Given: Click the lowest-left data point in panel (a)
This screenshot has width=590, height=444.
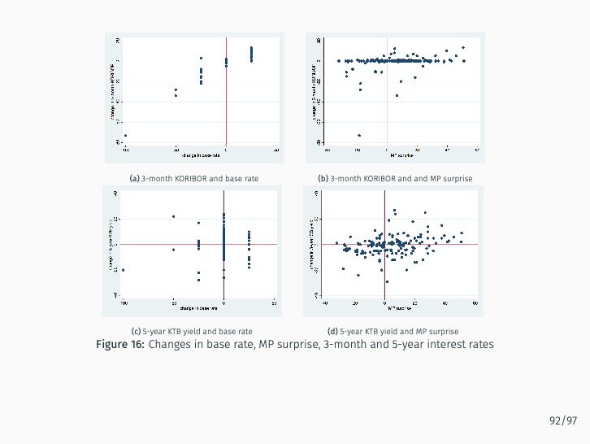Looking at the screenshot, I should click(125, 135).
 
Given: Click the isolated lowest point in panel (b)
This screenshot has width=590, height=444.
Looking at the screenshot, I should click(359, 135).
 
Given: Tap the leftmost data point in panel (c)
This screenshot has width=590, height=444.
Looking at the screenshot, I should click(124, 270).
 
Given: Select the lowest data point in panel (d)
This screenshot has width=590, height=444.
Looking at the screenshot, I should click(358, 275).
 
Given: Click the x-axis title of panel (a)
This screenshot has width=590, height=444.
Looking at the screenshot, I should click(201, 155).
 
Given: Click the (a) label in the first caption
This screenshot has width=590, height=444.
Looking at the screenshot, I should click(135, 177).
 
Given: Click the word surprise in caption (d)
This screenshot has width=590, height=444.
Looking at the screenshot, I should click(443, 332).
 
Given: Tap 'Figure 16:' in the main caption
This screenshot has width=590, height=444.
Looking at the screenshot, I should click(120, 344).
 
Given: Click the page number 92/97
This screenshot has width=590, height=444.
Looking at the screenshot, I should click(562, 420).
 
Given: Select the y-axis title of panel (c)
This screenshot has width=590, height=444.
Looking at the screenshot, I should click(111, 244).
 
